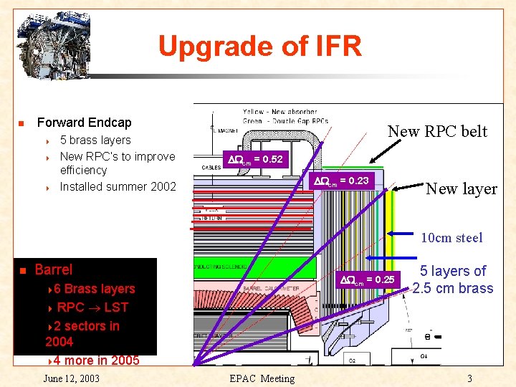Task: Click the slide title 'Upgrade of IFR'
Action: pos(259,47)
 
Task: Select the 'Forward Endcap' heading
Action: pos(84,123)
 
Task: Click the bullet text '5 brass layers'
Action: pos(95,140)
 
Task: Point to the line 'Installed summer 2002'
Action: pos(118,186)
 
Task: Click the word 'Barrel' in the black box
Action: pos(54,269)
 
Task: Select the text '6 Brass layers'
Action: pos(95,289)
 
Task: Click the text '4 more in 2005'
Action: pos(97,360)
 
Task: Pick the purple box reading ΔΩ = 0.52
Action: pos(255,160)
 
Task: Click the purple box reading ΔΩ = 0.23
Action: pos(341,181)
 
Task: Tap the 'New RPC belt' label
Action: pos(437,131)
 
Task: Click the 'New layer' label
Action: pos(461,189)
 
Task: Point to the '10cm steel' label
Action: pos(451,238)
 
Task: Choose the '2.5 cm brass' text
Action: pos(453,288)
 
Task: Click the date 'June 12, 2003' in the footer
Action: pos(71,378)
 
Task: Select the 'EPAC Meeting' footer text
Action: pos(261,378)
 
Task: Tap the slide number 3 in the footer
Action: pos(469,378)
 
